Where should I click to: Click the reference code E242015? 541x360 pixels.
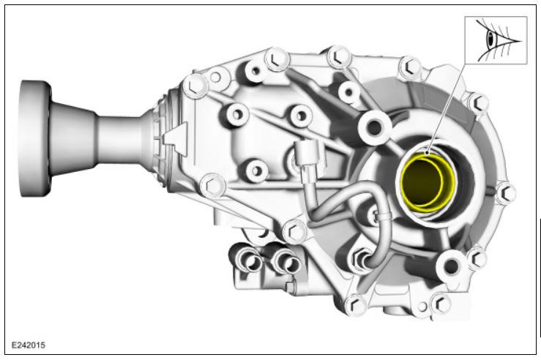(x=29, y=345)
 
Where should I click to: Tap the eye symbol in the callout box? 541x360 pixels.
(x=496, y=40)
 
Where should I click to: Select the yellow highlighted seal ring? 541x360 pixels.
(x=428, y=182)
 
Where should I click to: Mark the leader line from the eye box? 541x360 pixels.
(x=447, y=108)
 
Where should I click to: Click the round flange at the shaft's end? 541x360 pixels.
(x=34, y=138)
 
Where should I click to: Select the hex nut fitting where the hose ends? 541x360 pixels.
(x=362, y=258)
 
